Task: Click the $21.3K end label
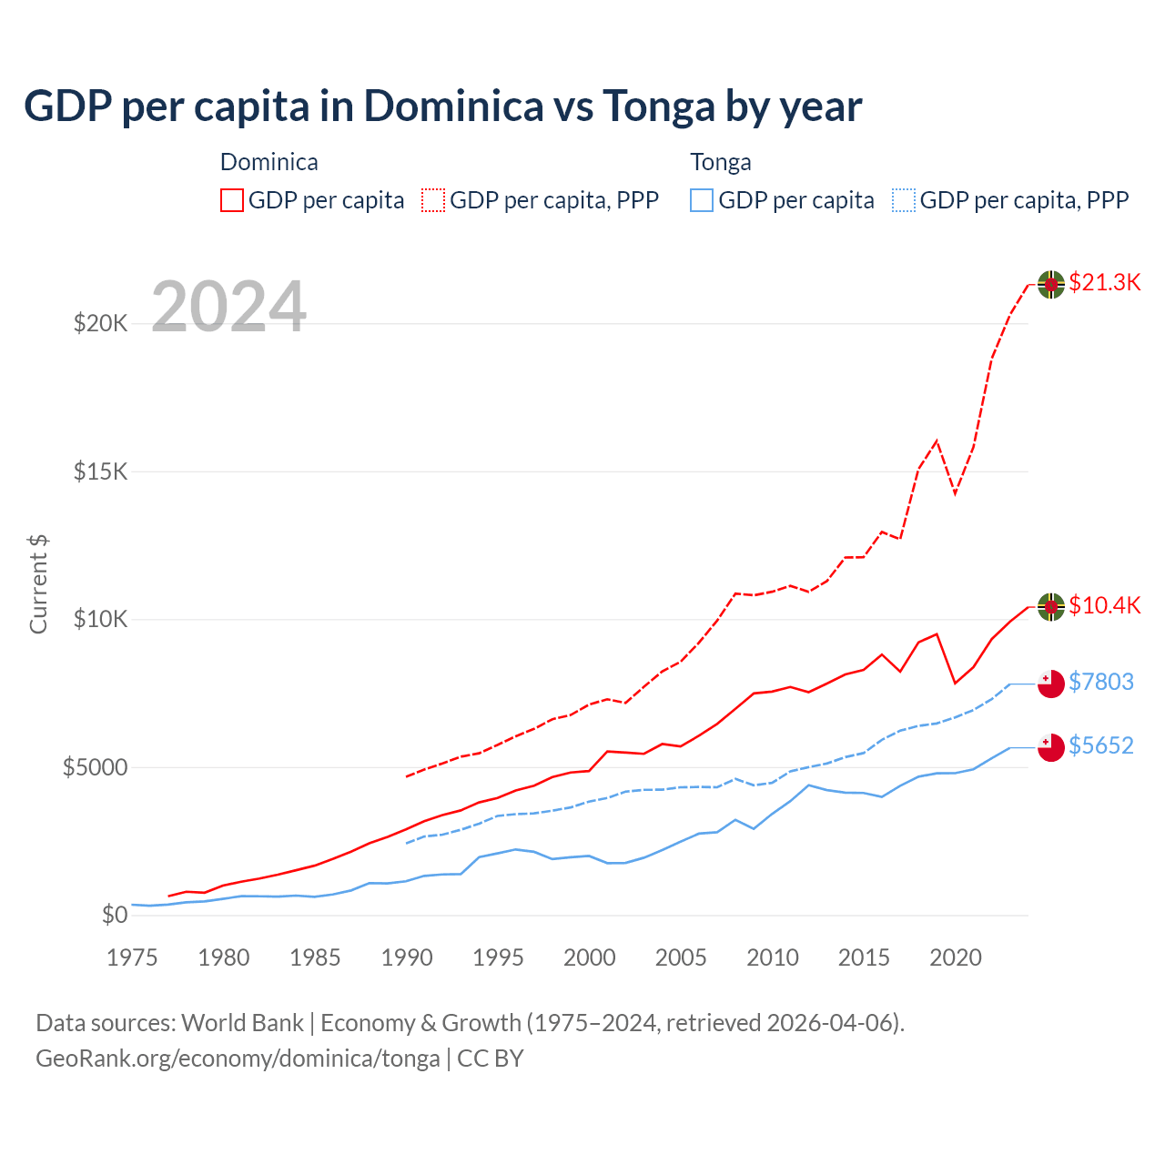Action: coord(1104,283)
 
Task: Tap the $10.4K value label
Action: coord(1104,606)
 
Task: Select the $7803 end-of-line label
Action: coord(1100,683)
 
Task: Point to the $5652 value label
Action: coord(1100,746)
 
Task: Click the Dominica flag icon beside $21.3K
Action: coord(1051,284)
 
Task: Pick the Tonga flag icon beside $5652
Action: coord(1051,747)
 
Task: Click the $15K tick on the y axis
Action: coord(101,471)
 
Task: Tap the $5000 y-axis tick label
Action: coord(95,767)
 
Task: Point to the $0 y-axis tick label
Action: coord(114,915)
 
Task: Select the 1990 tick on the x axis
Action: coord(407,957)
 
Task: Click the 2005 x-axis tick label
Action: coord(681,957)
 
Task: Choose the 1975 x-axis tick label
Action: coord(133,957)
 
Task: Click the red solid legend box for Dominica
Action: coord(232,200)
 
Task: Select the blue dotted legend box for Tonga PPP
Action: coord(904,200)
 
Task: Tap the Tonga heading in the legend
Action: coord(721,162)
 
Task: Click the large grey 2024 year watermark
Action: coord(228,307)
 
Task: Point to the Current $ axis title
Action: coord(38,584)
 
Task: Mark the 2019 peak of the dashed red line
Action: coord(936,441)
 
